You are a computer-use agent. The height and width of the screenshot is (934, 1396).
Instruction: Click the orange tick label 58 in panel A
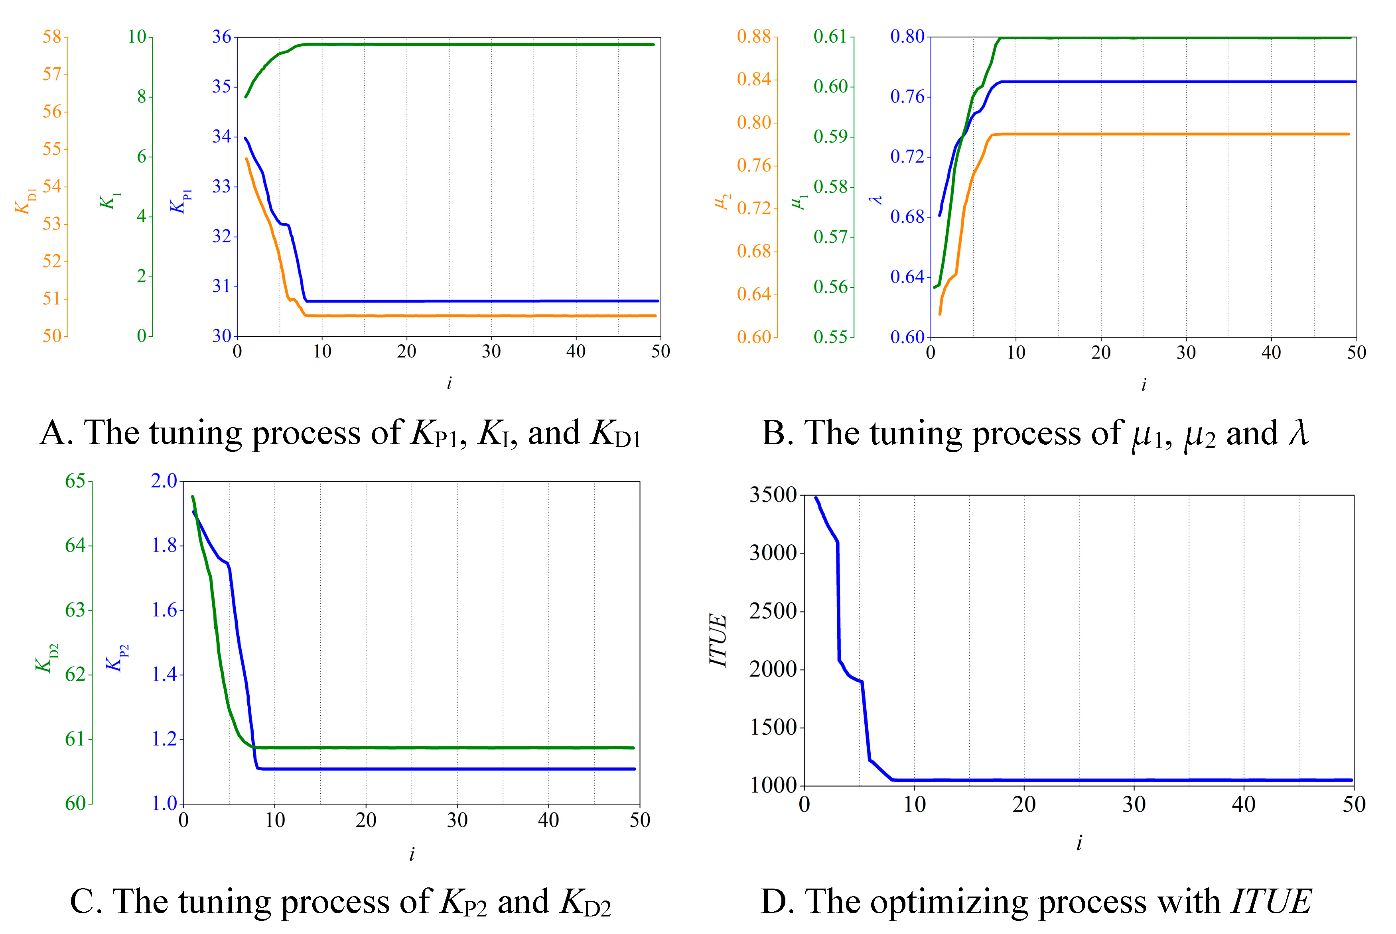52,37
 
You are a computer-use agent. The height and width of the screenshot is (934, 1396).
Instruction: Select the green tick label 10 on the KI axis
137,37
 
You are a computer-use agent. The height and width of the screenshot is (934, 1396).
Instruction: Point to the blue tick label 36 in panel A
222,37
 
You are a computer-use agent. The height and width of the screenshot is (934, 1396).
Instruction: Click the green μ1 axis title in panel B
799,201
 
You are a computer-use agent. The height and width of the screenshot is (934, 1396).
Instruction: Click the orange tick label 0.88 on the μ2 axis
754,37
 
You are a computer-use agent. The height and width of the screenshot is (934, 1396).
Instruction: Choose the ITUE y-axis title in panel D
718,640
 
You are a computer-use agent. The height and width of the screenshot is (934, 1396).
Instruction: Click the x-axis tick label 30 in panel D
1134,805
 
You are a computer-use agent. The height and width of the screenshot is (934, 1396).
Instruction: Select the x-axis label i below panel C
412,855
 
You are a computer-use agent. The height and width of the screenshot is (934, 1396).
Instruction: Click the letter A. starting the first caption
57,433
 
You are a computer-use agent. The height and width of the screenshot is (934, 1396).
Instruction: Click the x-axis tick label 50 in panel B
1356,353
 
